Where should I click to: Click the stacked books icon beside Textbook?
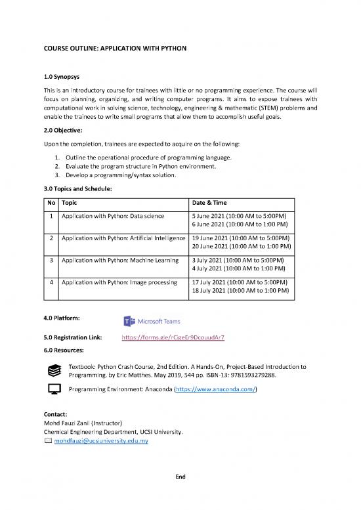pos(56,371)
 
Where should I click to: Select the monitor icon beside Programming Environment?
pos(56,391)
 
